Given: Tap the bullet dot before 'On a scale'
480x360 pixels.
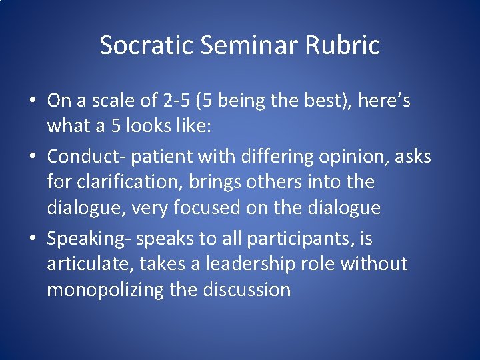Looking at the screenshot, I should tap(32, 101).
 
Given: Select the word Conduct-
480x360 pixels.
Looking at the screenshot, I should tap(86, 157).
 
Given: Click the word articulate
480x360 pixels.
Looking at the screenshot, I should tap(91, 264).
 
